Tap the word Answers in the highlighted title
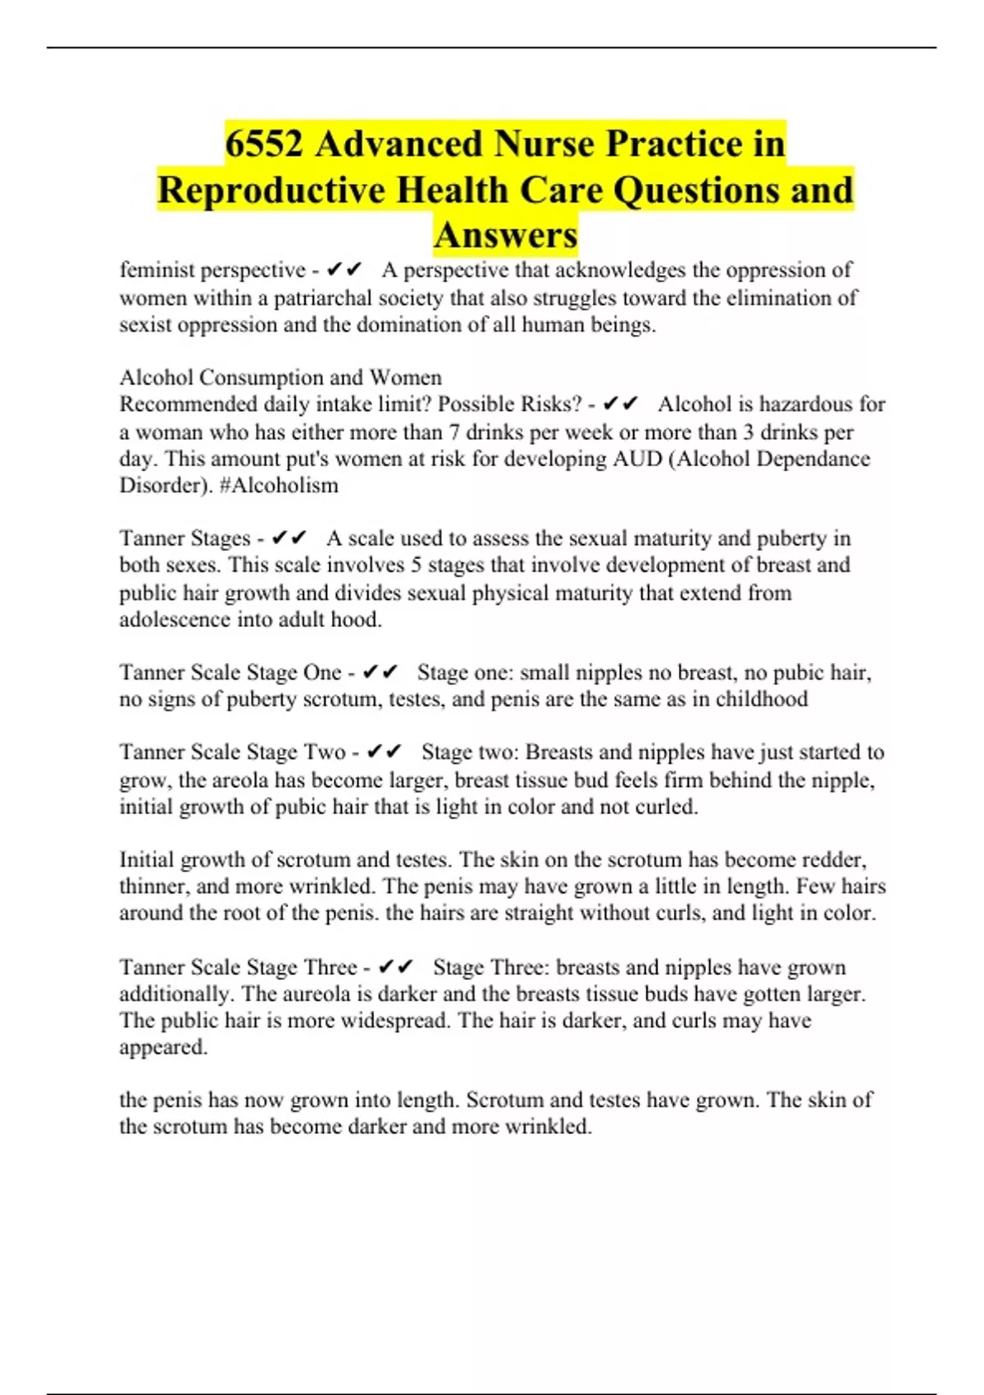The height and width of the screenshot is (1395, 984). [506, 235]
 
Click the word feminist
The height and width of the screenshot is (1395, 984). [157, 270]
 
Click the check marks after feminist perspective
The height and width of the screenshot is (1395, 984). [344, 270]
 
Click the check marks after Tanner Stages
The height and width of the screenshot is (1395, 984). [289, 538]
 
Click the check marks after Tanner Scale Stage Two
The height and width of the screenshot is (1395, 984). [384, 752]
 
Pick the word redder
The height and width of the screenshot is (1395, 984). [834, 860]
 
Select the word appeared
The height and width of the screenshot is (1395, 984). [163, 1047]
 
